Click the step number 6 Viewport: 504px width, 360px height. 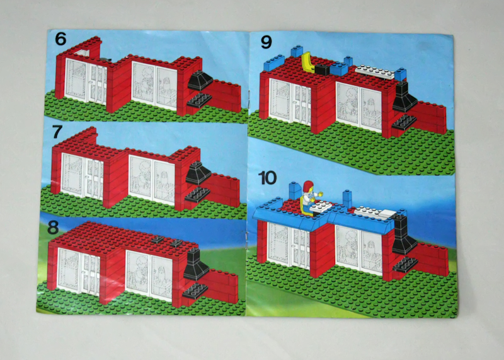click(60, 38)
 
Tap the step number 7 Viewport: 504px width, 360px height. click(58, 134)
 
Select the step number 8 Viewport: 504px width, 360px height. click(58, 225)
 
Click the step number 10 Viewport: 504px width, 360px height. click(268, 178)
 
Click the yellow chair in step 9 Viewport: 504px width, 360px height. click(309, 63)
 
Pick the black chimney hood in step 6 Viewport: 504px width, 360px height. click(201, 81)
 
